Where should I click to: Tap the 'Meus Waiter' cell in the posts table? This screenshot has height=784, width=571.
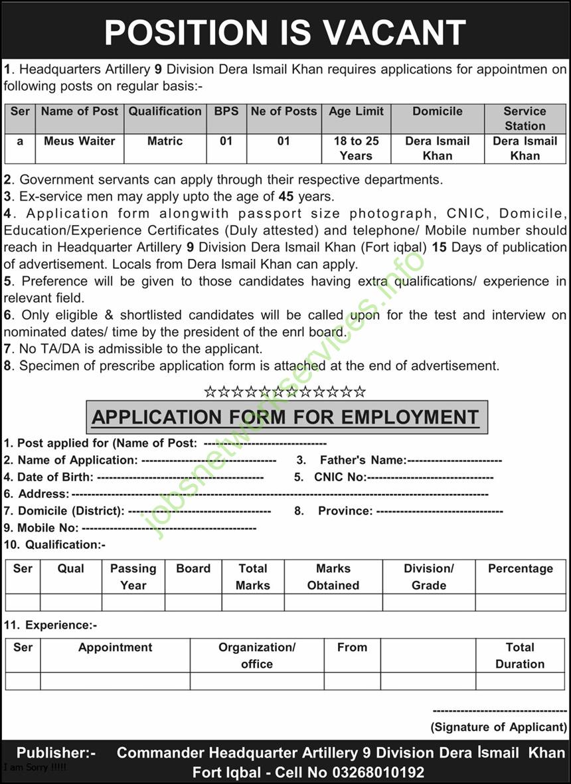[x=80, y=141]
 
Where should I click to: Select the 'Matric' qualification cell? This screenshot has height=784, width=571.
[x=165, y=141]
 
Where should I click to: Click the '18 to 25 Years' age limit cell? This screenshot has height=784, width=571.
[x=356, y=148]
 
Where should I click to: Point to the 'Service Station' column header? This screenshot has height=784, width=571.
[x=525, y=118]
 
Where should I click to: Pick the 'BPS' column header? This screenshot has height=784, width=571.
[x=226, y=112]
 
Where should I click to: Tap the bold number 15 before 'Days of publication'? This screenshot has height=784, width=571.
[x=440, y=247]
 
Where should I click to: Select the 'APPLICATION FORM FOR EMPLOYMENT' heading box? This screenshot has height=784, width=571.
[x=286, y=417]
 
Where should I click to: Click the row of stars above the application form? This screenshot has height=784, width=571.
[x=285, y=391]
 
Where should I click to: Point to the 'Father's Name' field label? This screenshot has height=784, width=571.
[x=363, y=460]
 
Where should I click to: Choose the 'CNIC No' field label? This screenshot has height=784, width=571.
[x=340, y=477]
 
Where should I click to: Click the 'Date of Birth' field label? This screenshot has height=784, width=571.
[x=56, y=477]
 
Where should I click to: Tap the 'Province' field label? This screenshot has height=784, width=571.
[x=345, y=510]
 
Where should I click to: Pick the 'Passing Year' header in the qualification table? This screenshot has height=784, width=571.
[x=133, y=577]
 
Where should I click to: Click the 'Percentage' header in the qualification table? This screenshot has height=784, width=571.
[x=520, y=569]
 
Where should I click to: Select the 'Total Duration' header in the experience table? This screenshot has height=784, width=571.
[x=520, y=655]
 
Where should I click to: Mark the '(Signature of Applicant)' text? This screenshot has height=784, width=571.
[x=499, y=727]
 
